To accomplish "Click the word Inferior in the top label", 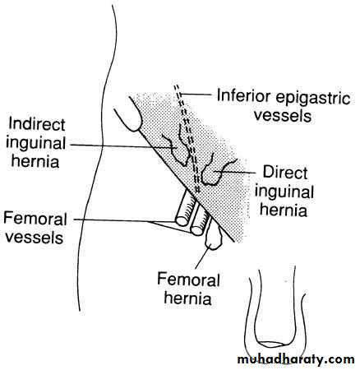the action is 243,95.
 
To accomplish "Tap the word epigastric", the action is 313,98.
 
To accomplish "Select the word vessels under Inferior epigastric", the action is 283,115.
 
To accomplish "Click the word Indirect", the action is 37,124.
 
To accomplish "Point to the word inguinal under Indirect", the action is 35,145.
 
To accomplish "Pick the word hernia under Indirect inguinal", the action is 35,161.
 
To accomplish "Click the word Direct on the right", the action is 285,173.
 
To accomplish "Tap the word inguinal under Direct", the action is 284,192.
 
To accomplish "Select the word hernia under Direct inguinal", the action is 284,210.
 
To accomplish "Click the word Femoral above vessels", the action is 35,220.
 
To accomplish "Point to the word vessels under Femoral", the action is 35,238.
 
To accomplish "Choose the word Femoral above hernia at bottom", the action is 188,280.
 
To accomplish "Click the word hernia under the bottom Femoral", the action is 188,298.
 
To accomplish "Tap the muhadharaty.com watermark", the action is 296,359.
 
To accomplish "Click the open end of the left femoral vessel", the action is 182,221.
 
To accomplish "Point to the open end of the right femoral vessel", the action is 197,229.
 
